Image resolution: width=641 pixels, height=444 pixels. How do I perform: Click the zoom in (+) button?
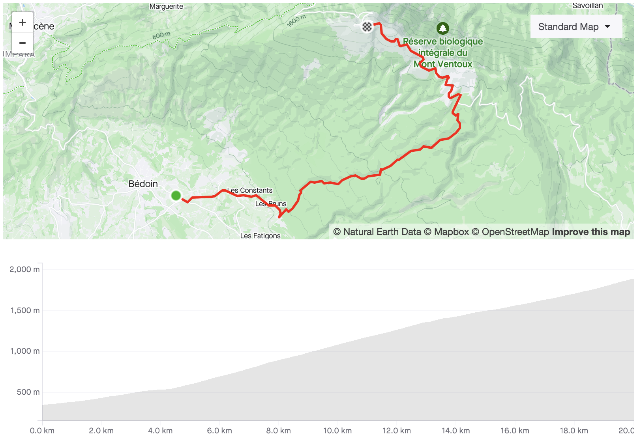(22, 23)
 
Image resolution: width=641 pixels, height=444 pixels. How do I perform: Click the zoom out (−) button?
(22, 43)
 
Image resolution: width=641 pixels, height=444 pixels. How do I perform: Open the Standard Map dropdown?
(575, 27)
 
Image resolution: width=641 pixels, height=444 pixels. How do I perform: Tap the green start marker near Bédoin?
(176, 195)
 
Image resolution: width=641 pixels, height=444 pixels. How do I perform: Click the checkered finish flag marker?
(367, 26)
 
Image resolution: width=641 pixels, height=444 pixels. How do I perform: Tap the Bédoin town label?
(143, 184)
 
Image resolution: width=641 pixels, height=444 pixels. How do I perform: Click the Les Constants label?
(250, 190)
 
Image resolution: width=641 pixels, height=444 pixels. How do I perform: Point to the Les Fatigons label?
(260, 236)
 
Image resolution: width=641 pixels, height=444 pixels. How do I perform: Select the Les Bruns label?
(271, 204)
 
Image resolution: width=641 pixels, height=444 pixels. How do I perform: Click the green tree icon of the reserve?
(442, 28)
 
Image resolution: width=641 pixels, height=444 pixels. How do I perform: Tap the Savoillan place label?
(587, 6)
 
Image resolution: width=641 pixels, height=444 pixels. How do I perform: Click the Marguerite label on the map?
(166, 6)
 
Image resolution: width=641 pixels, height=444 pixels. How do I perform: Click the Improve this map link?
(591, 232)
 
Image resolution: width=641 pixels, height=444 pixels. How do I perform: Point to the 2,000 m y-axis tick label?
(24, 269)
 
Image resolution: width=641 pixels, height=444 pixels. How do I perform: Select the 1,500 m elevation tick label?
(25, 310)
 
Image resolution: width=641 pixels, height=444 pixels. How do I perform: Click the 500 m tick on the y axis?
(28, 392)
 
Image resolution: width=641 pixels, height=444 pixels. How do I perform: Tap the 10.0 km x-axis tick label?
(337, 431)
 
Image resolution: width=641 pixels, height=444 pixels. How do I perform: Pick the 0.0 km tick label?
(42, 431)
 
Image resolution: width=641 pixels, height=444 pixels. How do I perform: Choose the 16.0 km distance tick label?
(515, 431)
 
